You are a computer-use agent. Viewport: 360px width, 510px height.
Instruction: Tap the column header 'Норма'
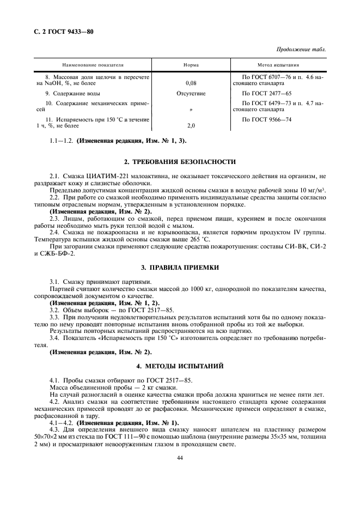(x=191, y=64)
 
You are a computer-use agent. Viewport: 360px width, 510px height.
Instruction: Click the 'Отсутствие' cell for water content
(x=191, y=94)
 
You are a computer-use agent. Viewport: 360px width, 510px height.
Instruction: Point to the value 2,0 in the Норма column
(x=191, y=125)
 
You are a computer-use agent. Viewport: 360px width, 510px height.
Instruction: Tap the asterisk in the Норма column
(x=191, y=110)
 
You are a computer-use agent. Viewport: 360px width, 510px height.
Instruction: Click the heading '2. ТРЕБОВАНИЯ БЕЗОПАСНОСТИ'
(x=180, y=162)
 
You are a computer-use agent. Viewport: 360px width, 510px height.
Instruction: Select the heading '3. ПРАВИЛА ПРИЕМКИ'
(x=180, y=268)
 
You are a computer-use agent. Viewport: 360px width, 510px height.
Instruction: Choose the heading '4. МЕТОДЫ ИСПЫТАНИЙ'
(x=180, y=365)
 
